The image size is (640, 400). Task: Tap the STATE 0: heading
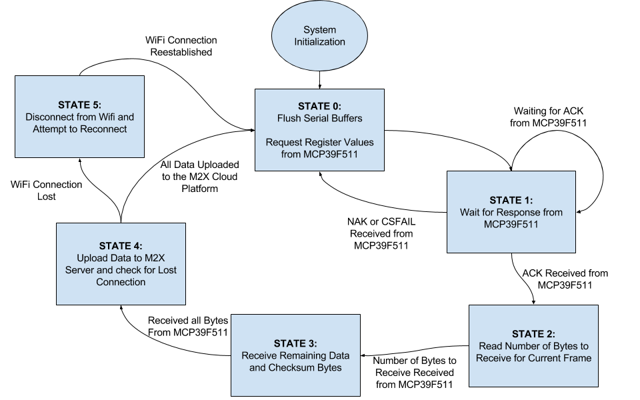319,107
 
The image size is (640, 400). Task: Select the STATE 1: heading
511,200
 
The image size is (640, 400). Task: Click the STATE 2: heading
533,334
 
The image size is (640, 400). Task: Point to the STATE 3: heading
295,343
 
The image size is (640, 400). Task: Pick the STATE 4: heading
121,246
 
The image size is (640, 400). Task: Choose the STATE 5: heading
79,105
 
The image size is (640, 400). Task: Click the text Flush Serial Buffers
319,119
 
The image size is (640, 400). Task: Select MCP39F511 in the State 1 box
511,225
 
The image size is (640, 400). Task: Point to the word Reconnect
103,129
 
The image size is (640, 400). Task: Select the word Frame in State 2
577,358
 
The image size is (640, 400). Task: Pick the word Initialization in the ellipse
319,42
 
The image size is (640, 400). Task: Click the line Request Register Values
319,143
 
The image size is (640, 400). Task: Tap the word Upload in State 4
91,258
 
